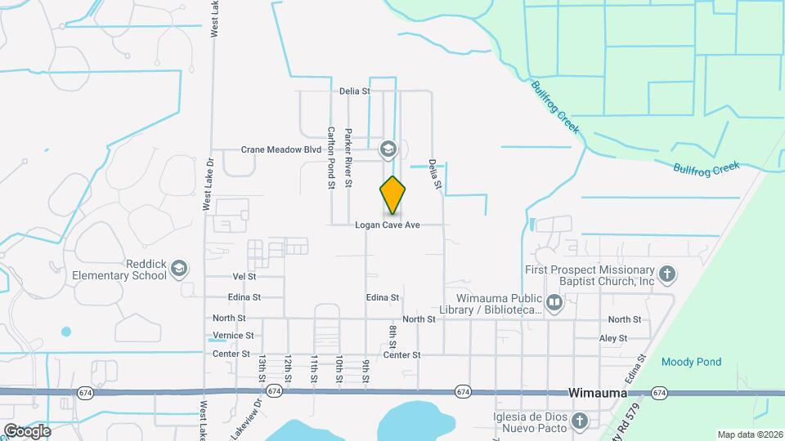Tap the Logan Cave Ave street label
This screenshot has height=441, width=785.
coord(387,225)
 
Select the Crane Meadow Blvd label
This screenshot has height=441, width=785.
coord(280,150)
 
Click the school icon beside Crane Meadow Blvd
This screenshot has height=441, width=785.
coord(387,149)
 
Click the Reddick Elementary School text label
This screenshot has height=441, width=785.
coord(119,269)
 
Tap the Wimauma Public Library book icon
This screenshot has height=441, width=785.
coord(555,305)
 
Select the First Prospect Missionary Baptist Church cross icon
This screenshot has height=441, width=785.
coord(668,274)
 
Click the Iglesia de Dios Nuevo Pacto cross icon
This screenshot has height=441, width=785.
coord(580,421)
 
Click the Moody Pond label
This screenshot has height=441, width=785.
coord(691,362)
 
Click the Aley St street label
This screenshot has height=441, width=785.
coord(612,338)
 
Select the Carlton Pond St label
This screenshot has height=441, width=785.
coord(332,158)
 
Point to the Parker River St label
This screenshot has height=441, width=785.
coord(349,158)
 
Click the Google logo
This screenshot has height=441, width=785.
coord(26,430)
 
